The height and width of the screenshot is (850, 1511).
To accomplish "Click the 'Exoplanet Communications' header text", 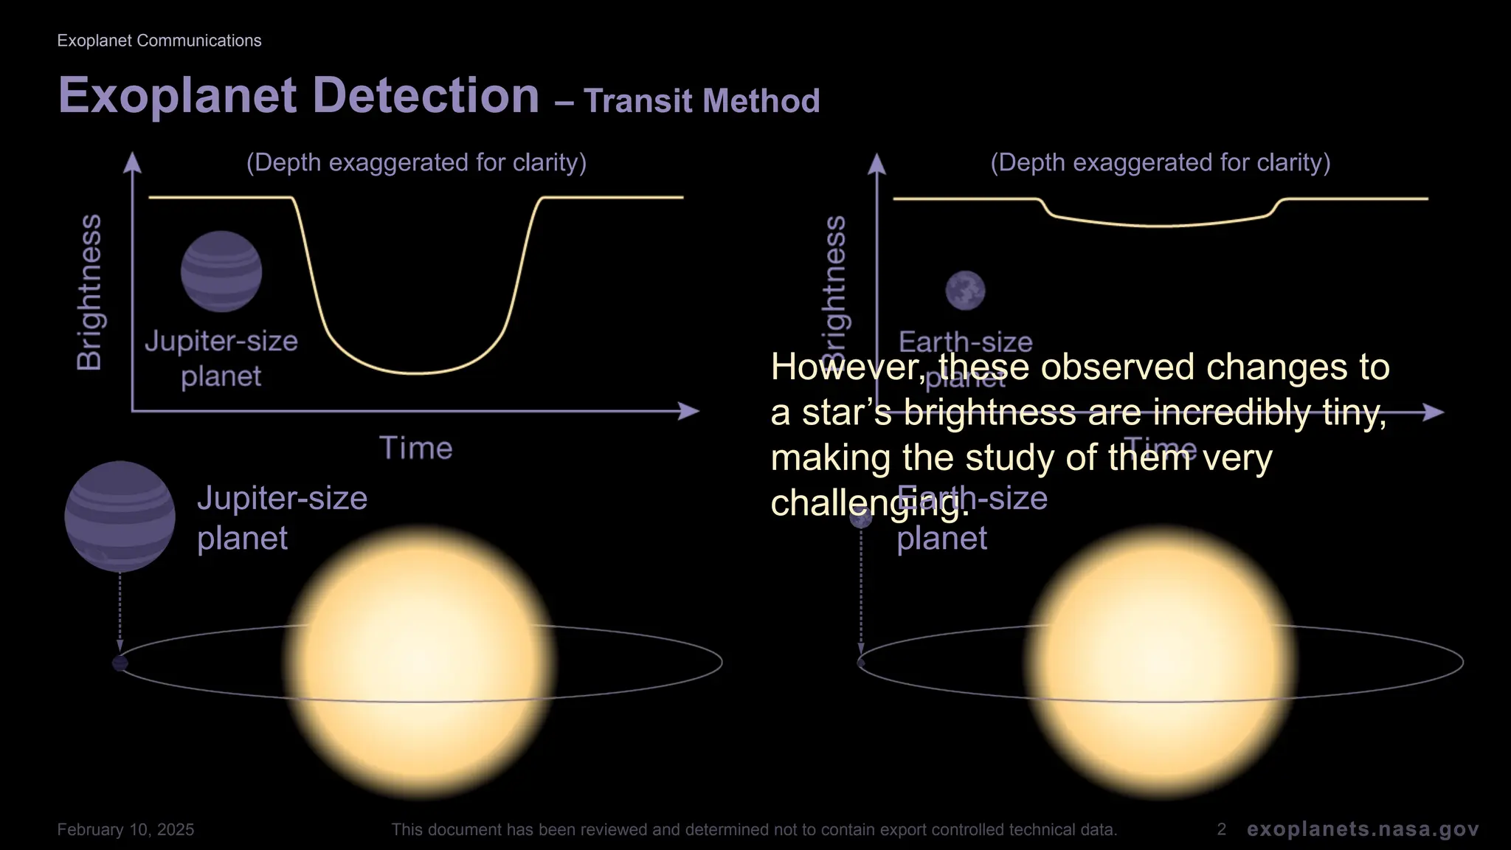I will [x=159, y=41].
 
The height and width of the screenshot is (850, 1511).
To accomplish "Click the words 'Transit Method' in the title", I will [x=702, y=101].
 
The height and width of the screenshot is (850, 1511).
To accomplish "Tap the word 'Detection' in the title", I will [x=426, y=95].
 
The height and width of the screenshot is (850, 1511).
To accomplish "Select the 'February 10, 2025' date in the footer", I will [x=125, y=829].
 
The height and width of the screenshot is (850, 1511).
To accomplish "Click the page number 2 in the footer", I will [x=1221, y=829].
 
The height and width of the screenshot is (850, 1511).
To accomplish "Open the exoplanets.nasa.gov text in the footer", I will [x=1363, y=829].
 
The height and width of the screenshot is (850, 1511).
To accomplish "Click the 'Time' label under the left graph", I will [x=415, y=449].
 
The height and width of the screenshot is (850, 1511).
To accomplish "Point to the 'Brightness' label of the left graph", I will [x=90, y=292].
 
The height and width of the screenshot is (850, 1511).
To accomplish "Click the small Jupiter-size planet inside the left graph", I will [x=221, y=272].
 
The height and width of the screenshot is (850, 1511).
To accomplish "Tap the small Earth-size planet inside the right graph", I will [x=965, y=290].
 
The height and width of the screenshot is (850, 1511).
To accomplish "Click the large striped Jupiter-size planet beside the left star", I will [x=120, y=516].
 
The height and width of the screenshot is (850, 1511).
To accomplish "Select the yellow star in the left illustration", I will [x=419, y=661].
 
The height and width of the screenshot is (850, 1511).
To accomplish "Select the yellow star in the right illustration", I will [x=1160, y=661].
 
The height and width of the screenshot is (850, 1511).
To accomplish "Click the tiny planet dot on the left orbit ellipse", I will [x=120, y=663].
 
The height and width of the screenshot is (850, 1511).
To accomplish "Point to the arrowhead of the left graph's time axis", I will [x=691, y=411].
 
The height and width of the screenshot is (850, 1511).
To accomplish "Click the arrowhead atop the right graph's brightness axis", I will [x=876, y=163].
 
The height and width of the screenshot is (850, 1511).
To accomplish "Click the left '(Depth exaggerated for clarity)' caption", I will [x=416, y=162].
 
